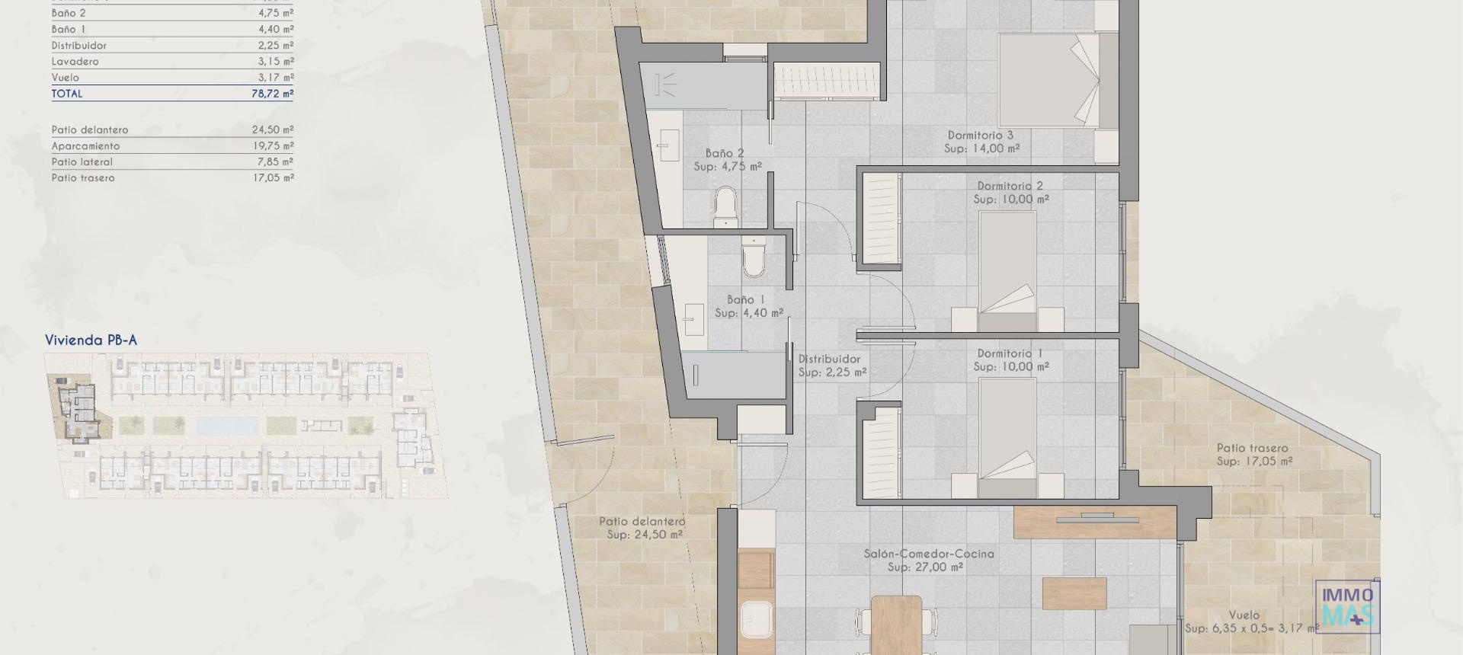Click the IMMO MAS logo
tap(1348, 606)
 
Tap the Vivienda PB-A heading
tap(91, 340)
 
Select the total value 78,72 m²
tap(272, 94)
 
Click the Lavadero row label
tap(75, 62)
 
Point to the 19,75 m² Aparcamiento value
tap(272, 146)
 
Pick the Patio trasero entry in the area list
tap(83, 178)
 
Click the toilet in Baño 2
tap(725, 207)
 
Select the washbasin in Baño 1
tap(693, 320)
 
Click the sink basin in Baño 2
tap(669, 145)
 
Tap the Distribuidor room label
tap(829, 359)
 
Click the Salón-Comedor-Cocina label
tap(928, 554)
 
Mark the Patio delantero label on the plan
tap(642, 522)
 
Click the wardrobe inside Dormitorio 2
tap(880, 219)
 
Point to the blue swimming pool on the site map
tap(227, 425)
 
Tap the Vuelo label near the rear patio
tap(1244, 615)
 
